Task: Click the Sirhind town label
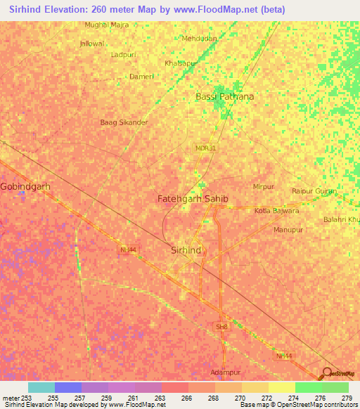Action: pyautogui.click(x=186, y=250)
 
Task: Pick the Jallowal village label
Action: pyautogui.click(x=92, y=43)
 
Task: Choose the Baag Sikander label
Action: pyautogui.click(x=124, y=122)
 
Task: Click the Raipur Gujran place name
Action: pyautogui.click(x=314, y=191)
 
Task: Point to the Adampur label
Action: pyautogui.click(x=226, y=372)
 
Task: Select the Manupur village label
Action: pyautogui.click(x=288, y=229)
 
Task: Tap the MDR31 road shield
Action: pyautogui.click(x=205, y=148)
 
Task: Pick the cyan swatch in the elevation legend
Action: pyautogui.click(x=41, y=387)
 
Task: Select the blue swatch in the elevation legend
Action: pyautogui.click(x=68, y=387)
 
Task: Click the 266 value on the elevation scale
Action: pyautogui.click(x=186, y=397)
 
